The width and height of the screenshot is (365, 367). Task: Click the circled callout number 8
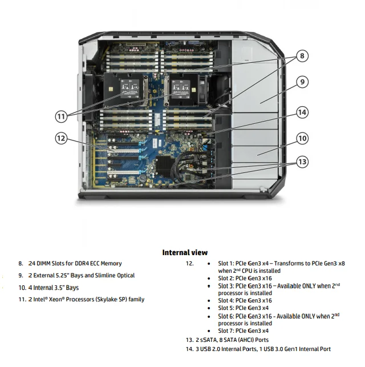(302, 56)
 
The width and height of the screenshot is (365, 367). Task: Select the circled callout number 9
(302, 82)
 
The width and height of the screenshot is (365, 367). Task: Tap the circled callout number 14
(302, 112)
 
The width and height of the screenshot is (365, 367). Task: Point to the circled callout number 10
(302, 138)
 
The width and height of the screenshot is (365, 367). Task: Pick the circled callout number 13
(302, 162)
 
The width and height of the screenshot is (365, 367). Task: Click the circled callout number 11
(62, 116)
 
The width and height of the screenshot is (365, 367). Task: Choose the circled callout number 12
(62, 138)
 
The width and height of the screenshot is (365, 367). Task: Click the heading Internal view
(185, 252)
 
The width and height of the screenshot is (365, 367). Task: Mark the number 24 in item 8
(31, 264)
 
